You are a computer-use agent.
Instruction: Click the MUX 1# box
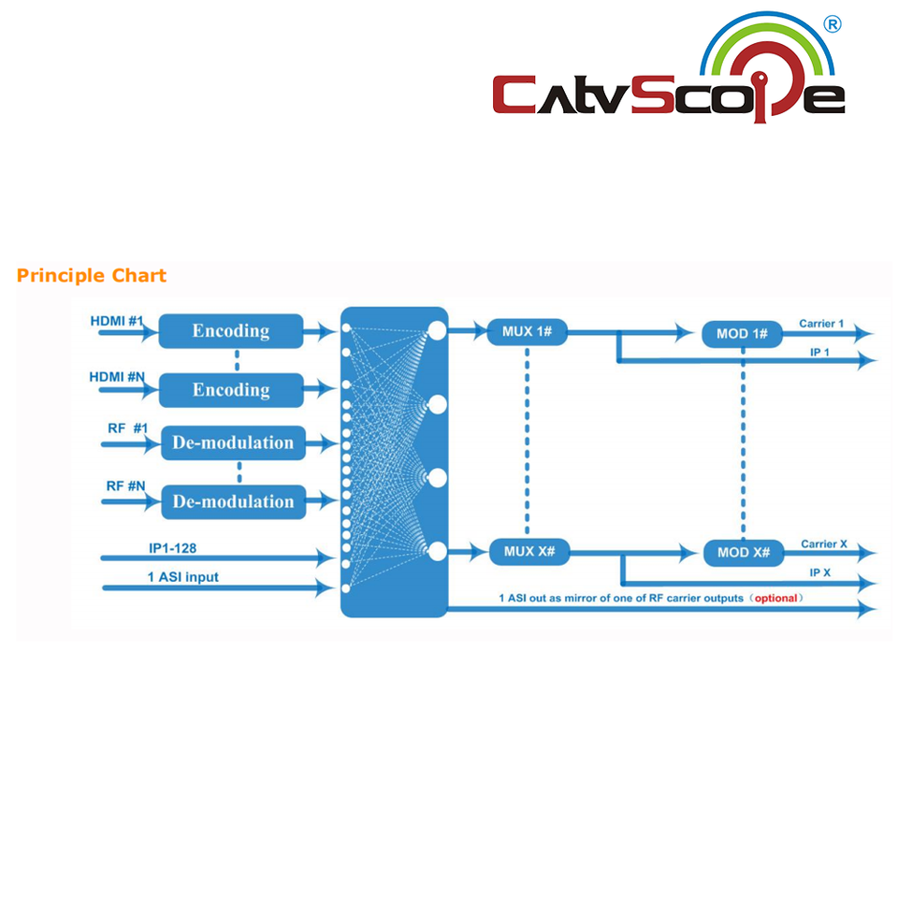[528, 330]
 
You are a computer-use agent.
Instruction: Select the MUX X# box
[529, 552]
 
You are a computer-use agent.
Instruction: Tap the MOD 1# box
[743, 334]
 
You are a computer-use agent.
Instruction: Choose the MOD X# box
[744, 553]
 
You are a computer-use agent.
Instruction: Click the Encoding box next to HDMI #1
[231, 331]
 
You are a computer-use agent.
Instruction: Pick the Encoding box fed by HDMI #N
[231, 390]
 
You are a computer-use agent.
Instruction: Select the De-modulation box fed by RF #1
[233, 442]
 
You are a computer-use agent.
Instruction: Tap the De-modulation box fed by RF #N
[233, 501]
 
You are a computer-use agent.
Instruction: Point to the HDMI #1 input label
[117, 322]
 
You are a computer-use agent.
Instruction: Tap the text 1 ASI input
[183, 577]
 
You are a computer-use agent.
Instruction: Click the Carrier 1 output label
[821, 324]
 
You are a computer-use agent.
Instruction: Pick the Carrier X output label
[823, 543]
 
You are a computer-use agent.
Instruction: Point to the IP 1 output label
[820, 352]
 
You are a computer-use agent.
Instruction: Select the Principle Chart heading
[92, 276]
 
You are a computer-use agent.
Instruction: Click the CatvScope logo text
[668, 94]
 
